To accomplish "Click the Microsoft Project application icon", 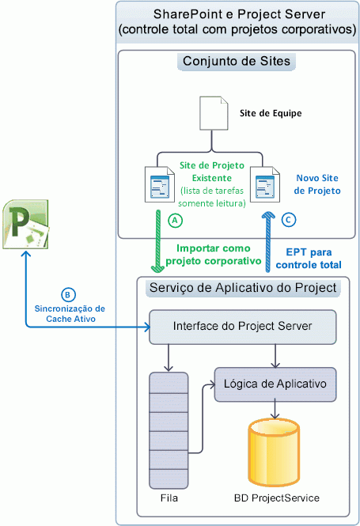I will [x=26, y=225].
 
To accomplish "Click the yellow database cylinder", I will [x=274, y=452].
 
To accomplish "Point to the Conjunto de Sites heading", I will [x=235, y=62].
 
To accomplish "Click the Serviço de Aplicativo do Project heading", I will [x=236, y=286].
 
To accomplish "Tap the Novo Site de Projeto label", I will [x=316, y=184].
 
